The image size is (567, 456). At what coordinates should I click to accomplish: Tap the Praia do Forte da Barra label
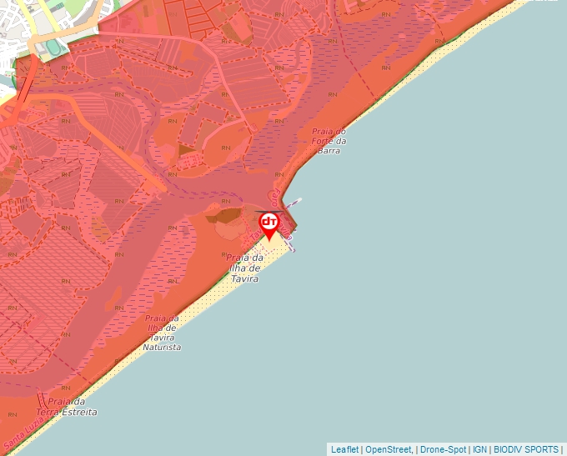click(329, 142)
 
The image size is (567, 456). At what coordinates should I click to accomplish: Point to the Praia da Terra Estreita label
click(67, 407)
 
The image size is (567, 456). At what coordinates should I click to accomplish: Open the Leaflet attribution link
click(344, 449)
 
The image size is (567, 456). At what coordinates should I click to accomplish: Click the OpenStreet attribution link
click(388, 449)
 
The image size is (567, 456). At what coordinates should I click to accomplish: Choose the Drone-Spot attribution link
click(443, 449)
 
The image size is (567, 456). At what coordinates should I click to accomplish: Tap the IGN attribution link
click(479, 449)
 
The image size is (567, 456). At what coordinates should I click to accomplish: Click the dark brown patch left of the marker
click(224, 215)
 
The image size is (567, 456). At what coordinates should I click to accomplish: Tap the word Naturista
click(162, 347)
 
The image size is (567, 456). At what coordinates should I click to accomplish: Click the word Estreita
click(80, 413)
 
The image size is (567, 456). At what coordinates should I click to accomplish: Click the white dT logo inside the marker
click(269, 222)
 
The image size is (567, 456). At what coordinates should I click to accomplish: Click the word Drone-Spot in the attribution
click(443, 449)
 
